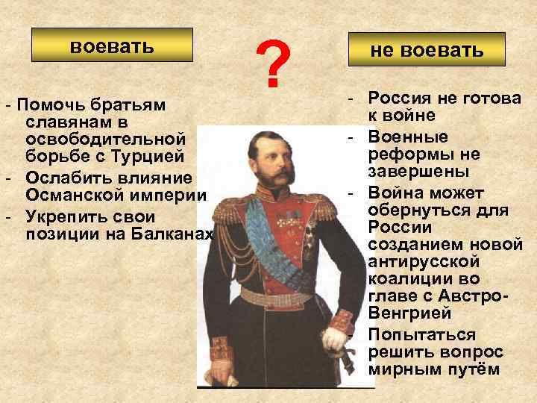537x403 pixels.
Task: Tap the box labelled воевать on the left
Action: (x=112, y=46)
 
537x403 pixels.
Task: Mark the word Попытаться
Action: (x=422, y=334)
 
